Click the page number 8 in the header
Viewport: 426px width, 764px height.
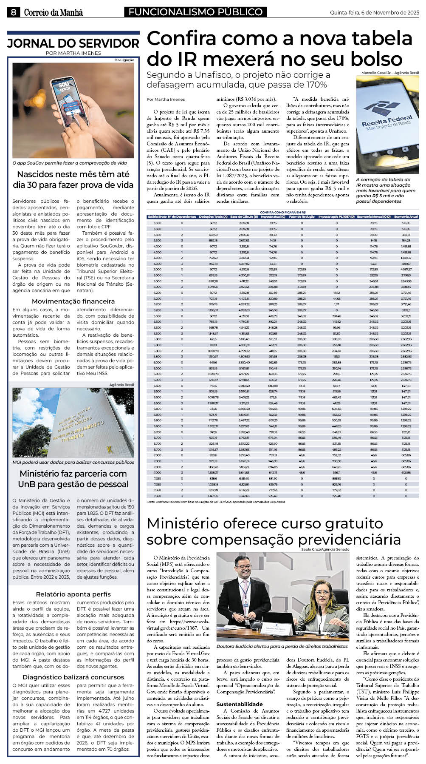coord(14,12)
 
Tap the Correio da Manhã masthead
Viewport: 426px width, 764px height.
coord(53,13)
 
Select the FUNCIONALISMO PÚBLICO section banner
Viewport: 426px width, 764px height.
coord(195,12)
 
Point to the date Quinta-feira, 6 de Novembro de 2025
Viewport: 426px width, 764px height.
coord(374,13)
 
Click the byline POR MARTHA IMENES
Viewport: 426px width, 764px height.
coord(73,53)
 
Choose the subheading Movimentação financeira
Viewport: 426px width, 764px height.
coord(73,301)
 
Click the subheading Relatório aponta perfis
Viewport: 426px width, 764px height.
coord(73,594)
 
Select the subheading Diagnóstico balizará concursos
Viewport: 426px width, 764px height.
coord(73,677)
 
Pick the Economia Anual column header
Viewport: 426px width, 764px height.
coord(406,217)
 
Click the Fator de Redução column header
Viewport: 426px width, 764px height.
coord(302,217)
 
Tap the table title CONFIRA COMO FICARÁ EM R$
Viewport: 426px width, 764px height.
coord(283,212)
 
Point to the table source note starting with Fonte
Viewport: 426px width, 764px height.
coord(216,502)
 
